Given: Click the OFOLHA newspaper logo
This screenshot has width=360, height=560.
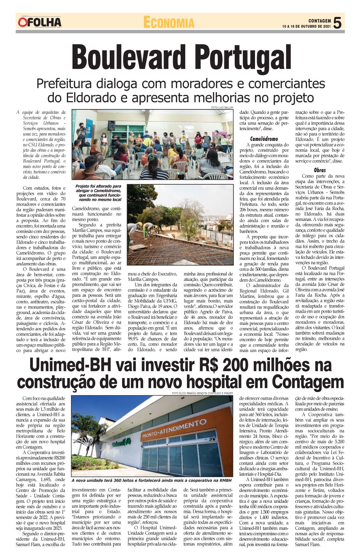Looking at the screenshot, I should coord(40,22).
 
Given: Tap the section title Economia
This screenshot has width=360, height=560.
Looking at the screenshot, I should coord(169,22).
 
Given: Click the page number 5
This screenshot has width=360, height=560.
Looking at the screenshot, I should coord(337,23).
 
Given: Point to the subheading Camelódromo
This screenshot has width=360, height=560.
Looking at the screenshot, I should coord(264,139).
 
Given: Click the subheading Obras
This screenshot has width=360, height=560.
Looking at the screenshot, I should coord(320,170).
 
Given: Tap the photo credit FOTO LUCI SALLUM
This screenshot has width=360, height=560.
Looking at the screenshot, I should coord(222,107).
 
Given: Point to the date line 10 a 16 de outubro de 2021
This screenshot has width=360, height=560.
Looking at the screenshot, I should coord(306,26).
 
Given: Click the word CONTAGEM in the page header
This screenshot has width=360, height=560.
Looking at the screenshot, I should coord(319,21).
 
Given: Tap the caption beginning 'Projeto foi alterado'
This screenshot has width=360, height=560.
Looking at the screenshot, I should coord(98,193).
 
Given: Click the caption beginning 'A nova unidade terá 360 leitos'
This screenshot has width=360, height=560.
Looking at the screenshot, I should coord(151,480).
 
